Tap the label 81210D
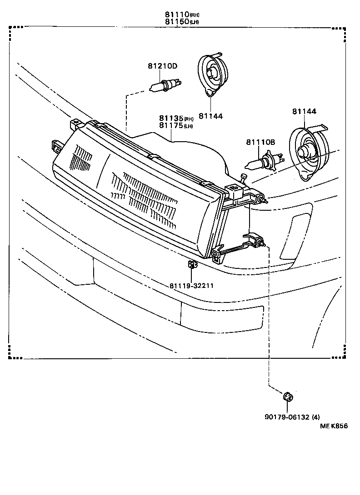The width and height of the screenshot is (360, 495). pos(162,66)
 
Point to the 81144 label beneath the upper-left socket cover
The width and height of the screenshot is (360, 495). pos(210,116)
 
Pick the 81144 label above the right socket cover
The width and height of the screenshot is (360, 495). pos(304,111)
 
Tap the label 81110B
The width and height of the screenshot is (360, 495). pos(261,142)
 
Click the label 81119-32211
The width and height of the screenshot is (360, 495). pos(191,286)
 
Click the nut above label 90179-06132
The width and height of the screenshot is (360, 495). pos(287,398)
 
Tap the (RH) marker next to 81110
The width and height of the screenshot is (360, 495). pos(195,15)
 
